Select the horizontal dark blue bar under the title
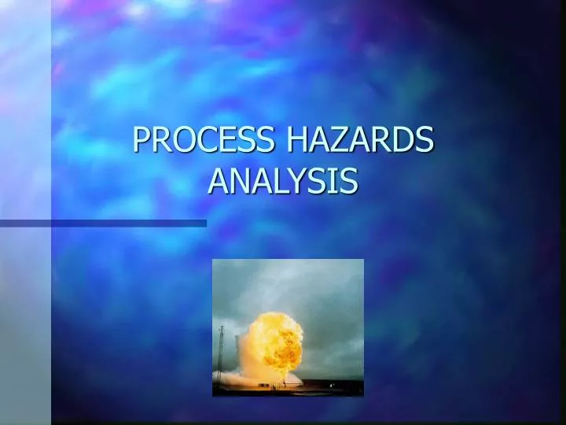coord(103,224)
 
